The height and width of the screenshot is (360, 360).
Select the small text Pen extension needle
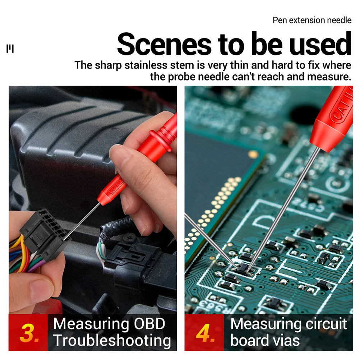[311, 20]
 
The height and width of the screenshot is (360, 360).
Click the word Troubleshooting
[112, 341]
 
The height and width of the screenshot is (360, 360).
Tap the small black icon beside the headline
[10, 49]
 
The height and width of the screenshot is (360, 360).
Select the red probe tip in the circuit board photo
[332, 119]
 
